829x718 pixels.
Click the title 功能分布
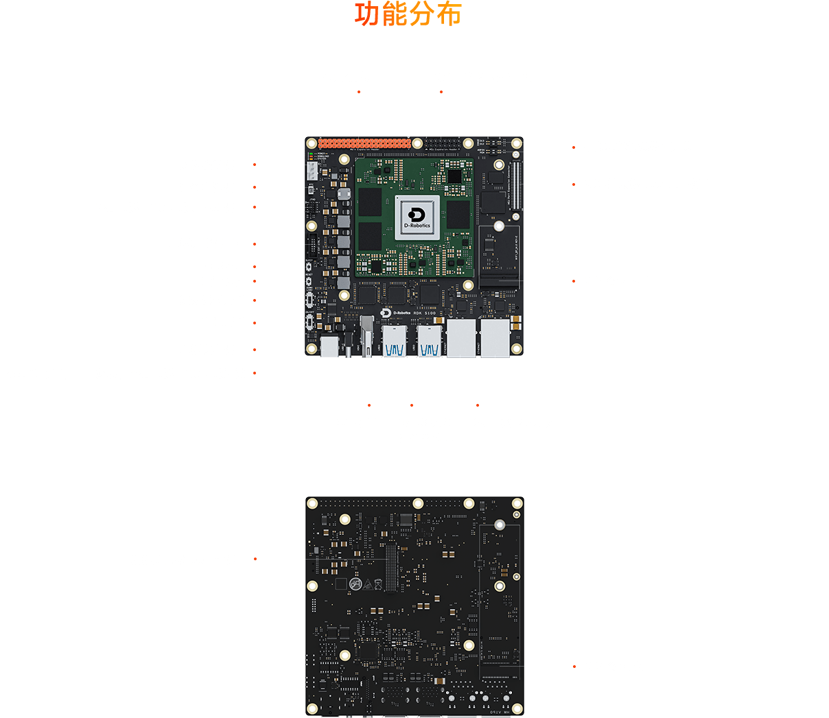(x=408, y=15)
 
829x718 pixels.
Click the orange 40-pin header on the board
(x=364, y=143)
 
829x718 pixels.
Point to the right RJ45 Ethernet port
(x=495, y=337)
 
